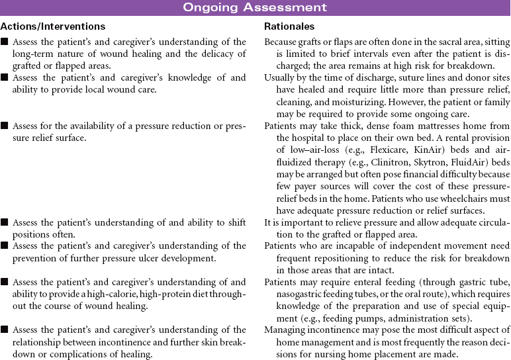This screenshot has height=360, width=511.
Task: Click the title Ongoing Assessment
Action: click(x=255, y=8)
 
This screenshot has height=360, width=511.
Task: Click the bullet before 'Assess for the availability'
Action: click(x=5, y=106)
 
